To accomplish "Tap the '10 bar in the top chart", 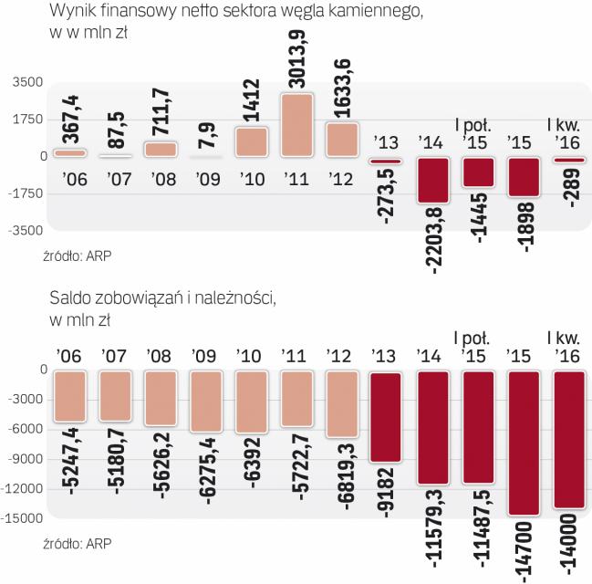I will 250,141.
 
